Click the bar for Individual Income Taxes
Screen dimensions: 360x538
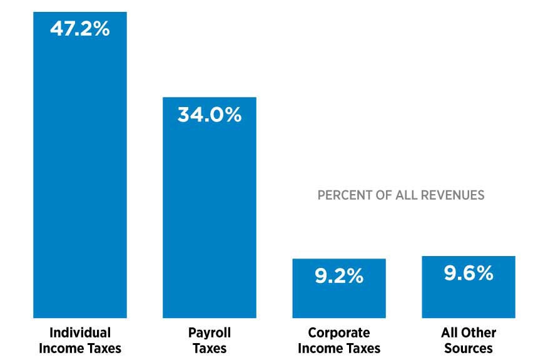pyautogui.click(x=79, y=175)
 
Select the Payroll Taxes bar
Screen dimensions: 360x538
pyautogui.click(x=209, y=213)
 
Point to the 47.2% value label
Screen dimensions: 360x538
pyautogui.click(x=79, y=29)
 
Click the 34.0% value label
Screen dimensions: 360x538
pyautogui.click(x=209, y=115)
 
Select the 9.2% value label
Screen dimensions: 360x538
pyautogui.click(x=338, y=276)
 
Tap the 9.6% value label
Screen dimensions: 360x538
pyautogui.click(x=468, y=273)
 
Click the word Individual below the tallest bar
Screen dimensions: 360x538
pyautogui.click(x=79, y=332)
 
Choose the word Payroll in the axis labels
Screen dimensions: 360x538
pyautogui.click(x=209, y=332)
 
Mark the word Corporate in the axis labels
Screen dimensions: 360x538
pyautogui.click(x=338, y=332)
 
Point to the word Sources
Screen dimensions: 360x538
pyautogui.click(x=468, y=348)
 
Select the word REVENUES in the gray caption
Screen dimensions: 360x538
pyautogui.click(x=451, y=195)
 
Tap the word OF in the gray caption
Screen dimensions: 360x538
pyautogui.click(x=380, y=195)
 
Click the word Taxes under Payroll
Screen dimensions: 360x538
pyautogui.click(x=209, y=348)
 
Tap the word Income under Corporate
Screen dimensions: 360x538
pyautogui.click(x=320, y=348)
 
